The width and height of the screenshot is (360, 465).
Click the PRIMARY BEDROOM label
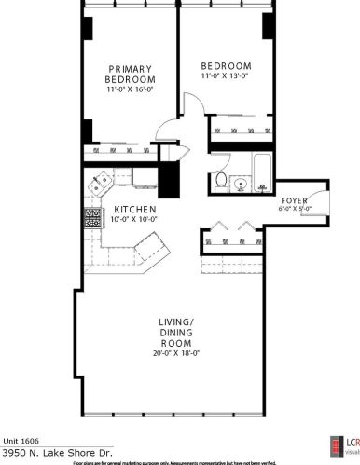(130, 74)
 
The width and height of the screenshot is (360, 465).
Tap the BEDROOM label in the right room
(227, 65)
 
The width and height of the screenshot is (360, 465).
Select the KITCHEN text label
(133, 210)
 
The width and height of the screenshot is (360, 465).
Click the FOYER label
(294, 200)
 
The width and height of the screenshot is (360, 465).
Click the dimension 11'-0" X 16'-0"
(130, 91)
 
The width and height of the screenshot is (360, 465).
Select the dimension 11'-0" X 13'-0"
(227, 76)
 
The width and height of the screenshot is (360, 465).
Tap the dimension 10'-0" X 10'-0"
(133, 220)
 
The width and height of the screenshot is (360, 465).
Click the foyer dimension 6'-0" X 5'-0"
(295, 209)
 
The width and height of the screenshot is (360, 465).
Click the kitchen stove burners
(93, 219)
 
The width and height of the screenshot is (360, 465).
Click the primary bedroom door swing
(166, 136)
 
